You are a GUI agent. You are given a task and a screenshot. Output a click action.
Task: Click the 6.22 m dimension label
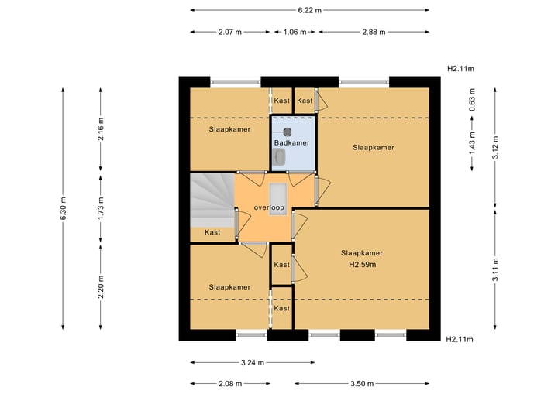[x=309, y=10]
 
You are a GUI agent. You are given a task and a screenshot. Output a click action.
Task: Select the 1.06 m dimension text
[x=294, y=32]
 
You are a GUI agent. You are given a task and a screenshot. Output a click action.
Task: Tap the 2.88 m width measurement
[x=374, y=32]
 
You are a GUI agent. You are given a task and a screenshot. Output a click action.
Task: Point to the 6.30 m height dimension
[x=64, y=207]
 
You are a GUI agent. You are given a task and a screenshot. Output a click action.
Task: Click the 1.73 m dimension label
[x=101, y=207]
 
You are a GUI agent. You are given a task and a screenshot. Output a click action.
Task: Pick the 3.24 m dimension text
[x=253, y=363]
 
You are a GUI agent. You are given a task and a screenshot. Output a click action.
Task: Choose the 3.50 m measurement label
[x=362, y=384]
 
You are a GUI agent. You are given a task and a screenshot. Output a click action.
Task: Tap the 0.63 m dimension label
[x=472, y=100]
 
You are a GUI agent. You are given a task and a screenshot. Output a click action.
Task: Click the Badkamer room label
[x=292, y=143]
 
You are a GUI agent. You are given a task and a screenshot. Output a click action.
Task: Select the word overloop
[x=269, y=207]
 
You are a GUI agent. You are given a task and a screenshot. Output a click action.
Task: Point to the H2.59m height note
[x=362, y=265]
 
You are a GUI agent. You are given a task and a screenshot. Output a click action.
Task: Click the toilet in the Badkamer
[x=279, y=157]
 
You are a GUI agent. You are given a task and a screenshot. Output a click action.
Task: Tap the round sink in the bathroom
[x=288, y=132]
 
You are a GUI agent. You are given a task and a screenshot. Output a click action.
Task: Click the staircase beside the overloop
[x=212, y=200]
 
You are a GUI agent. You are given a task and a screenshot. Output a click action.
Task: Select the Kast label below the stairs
[x=212, y=232]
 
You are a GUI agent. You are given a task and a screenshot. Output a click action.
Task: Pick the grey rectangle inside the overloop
[x=278, y=199]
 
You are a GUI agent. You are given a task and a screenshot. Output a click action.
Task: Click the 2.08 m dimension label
[x=230, y=384]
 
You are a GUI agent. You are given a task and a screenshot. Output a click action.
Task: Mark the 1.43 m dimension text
[x=472, y=143]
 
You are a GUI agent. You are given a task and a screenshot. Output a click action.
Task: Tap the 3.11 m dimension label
[x=495, y=269]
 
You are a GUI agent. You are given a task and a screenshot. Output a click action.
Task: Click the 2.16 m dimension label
[x=101, y=128]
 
